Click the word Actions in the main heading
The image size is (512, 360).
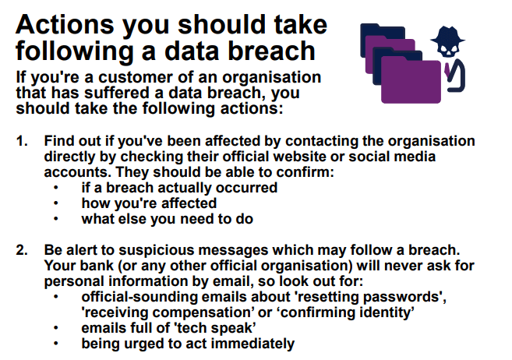pos(65,24)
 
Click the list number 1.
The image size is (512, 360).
pos(22,141)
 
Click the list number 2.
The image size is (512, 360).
pos(22,250)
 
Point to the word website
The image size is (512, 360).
pos(300,157)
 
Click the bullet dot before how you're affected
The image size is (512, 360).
pos(56,203)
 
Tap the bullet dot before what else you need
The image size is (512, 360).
pos(56,219)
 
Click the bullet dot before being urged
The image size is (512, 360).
pos(56,343)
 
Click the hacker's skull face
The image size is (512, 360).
pos(448,49)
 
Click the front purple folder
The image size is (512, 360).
pos(411,79)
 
